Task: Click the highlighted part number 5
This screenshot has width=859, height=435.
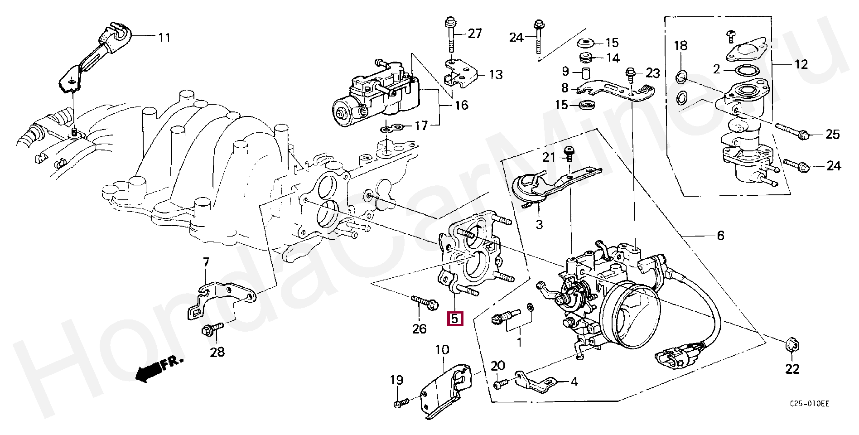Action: [454, 319]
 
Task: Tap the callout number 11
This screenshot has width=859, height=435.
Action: [164, 37]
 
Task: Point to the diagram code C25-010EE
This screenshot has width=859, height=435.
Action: [810, 404]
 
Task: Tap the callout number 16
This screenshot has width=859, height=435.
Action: [461, 106]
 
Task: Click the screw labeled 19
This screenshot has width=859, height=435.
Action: [401, 402]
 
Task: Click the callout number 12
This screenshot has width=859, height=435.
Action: [801, 64]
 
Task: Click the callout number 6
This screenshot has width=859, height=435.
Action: [720, 236]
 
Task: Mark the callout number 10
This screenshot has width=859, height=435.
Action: [442, 350]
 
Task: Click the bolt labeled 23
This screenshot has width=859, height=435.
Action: [631, 75]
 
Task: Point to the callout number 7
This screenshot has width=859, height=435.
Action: [206, 262]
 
